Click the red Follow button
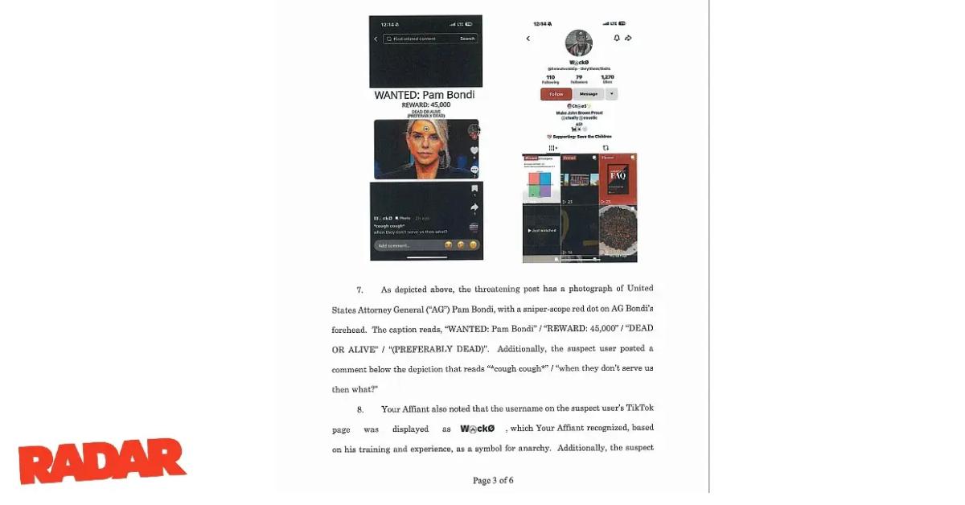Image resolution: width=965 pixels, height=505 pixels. pyautogui.click(x=556, y=94)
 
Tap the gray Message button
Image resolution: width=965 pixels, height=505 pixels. pyautogui.click(x=588, y=94)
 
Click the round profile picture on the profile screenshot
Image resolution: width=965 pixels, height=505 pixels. pyautogui.click(x=579, y=43)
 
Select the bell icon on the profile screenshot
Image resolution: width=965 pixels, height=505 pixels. pyautogui.click(x=617, y=38)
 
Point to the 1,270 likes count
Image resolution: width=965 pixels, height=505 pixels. pyautogui.click(x=607, y=79)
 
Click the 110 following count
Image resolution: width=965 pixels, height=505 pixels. pyautogui.click(x=550, y=79)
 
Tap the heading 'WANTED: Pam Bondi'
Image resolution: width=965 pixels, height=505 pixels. pyautogui.click(x=425, y=95)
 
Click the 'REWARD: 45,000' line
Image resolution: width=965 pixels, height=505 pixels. pyautogui.click(x=426, y=105)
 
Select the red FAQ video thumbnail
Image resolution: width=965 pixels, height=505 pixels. pyautogui.click(x=618, y=179)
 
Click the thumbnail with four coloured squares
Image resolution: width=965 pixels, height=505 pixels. pyautogui.click(x=541, y=179)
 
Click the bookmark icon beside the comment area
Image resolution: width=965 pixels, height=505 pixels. pyautogui.click(x=474, y=189)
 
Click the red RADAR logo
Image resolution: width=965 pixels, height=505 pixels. pyautogui.click(x=102, y=461)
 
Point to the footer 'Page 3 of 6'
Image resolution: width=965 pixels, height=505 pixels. pyautogui.click(x=493, y=480)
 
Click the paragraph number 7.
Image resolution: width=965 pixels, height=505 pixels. pyautogui.click(x=360, y=289)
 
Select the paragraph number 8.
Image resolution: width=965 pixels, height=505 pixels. pyautogui.click(x=360, y=409)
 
